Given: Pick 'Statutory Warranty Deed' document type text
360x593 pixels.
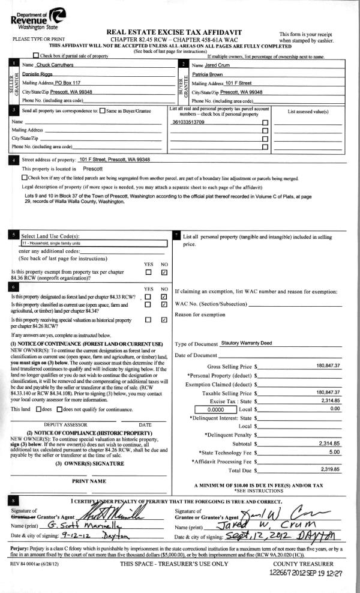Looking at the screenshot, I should click(x=247, y=343).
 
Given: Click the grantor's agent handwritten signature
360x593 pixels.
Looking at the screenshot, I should click(x=119, y=516).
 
